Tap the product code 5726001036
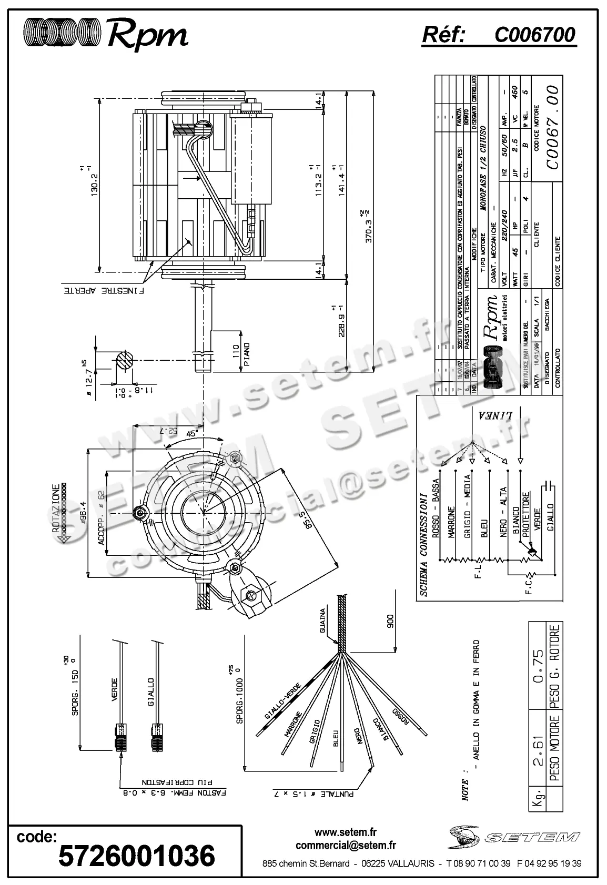click(x=137, y=856)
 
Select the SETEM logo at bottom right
click(x=513, y=837)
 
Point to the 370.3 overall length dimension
click(x=369, y=227)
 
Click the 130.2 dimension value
click(x=95, y=180)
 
